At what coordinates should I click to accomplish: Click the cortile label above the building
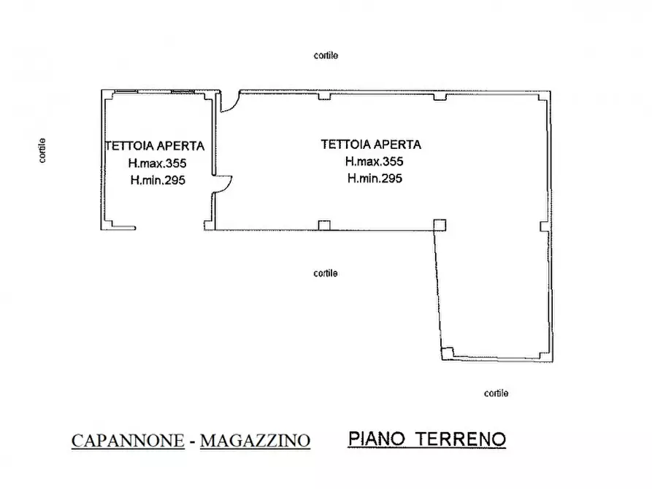pyautogui.click(x=326, y=55)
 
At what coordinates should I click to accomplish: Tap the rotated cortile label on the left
pyautogui.click(x=43, y=150)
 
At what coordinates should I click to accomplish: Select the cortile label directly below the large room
pyautogui.click(x=326, y=274)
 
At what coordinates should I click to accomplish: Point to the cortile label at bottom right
pyautogui.click(x=496, y=393)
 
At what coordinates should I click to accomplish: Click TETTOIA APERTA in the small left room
pyautogui.click(x=154, y=146)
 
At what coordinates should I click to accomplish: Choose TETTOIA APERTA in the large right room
pyautogui.click(x=371, y=145)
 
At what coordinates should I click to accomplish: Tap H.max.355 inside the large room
pyautogui.click(x=375, y=161)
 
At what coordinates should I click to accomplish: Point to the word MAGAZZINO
pyautogui.click(x=255, y=441)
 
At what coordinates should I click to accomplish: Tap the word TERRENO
pyautogui.click(x=461, y=439)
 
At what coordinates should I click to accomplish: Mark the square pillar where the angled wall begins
pyautogui.click(x=439, y=225)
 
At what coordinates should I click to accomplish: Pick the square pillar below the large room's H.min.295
pyautogui.click(x=325, y=225)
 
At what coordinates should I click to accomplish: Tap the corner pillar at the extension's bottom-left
pyautogui.click(x=447, y=354)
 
